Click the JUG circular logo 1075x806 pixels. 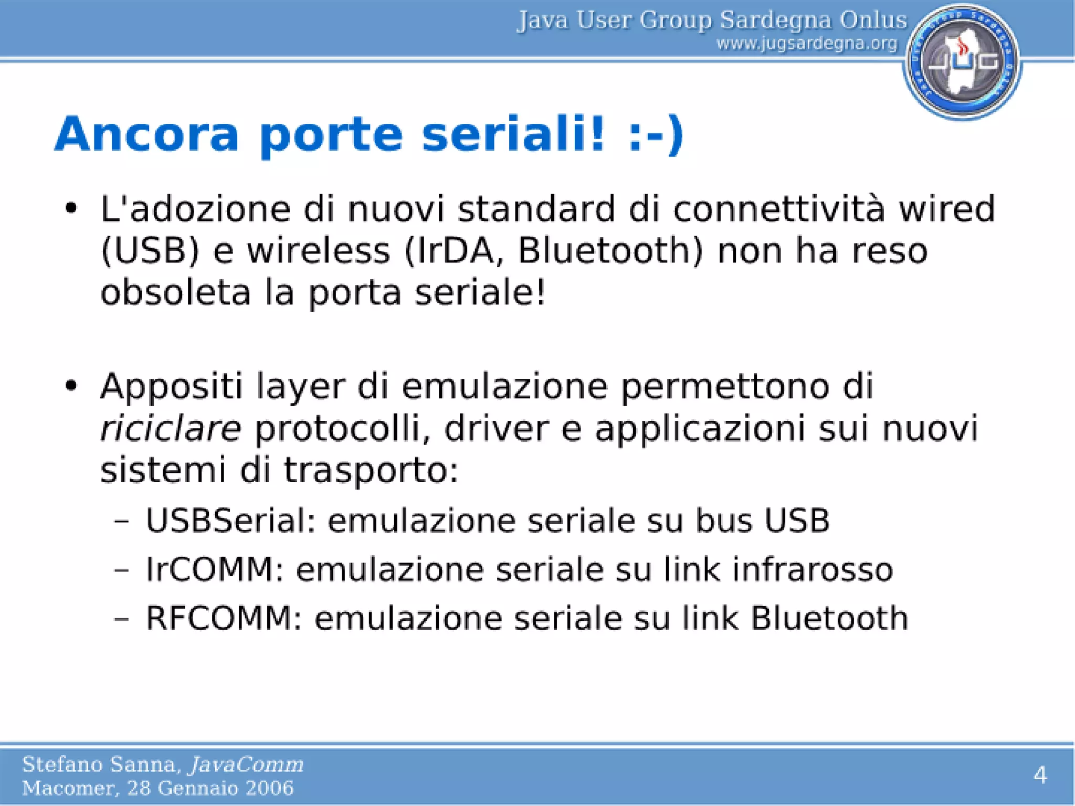(962, 61)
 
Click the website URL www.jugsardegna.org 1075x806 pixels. (807, 44)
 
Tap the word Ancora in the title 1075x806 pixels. (147, 134)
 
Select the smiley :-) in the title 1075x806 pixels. (656, 134)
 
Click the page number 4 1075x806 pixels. (1040, 775)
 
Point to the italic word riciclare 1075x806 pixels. (171, 428)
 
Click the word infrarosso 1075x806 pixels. (813, 569)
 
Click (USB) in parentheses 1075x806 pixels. (150, 250)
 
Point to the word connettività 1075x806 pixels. (779, 209)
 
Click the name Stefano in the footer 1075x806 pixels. (62, 765)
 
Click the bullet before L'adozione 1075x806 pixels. (71, 209)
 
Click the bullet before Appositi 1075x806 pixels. (71, 386)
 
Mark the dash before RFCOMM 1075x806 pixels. (121, 619)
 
